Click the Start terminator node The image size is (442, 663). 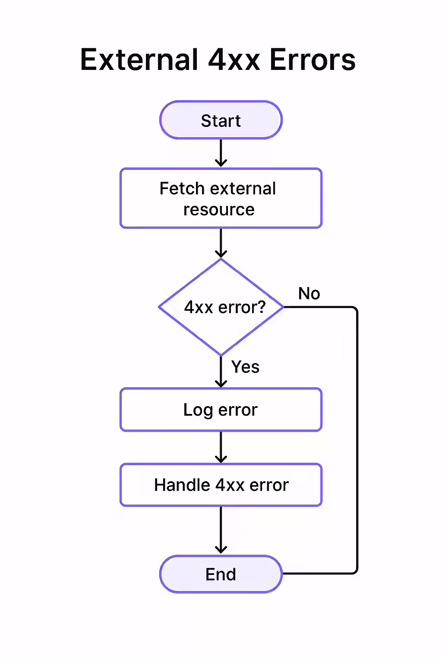point(221,120)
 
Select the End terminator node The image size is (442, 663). point(221,574)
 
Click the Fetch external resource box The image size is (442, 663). point(221,199)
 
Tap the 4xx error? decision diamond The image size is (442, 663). point(221,307)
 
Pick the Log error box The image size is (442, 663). point(221,410)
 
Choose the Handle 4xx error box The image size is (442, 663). point(221,485)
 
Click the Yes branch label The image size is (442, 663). point(245,367)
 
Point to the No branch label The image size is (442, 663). point(309,294)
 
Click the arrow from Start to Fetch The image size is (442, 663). point(221,153)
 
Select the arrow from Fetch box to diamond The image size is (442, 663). point(221,243)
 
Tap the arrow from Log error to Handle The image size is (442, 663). point(221,447)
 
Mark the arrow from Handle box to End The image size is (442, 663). point(221,530)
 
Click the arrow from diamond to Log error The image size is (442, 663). point(221,372)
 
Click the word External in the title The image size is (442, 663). point(139,60)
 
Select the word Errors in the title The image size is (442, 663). point(313,60)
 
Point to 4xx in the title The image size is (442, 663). point(234,60)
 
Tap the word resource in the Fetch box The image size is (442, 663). point(219,210)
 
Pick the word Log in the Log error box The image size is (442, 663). point(198,410)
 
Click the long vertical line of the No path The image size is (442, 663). point(357,440)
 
